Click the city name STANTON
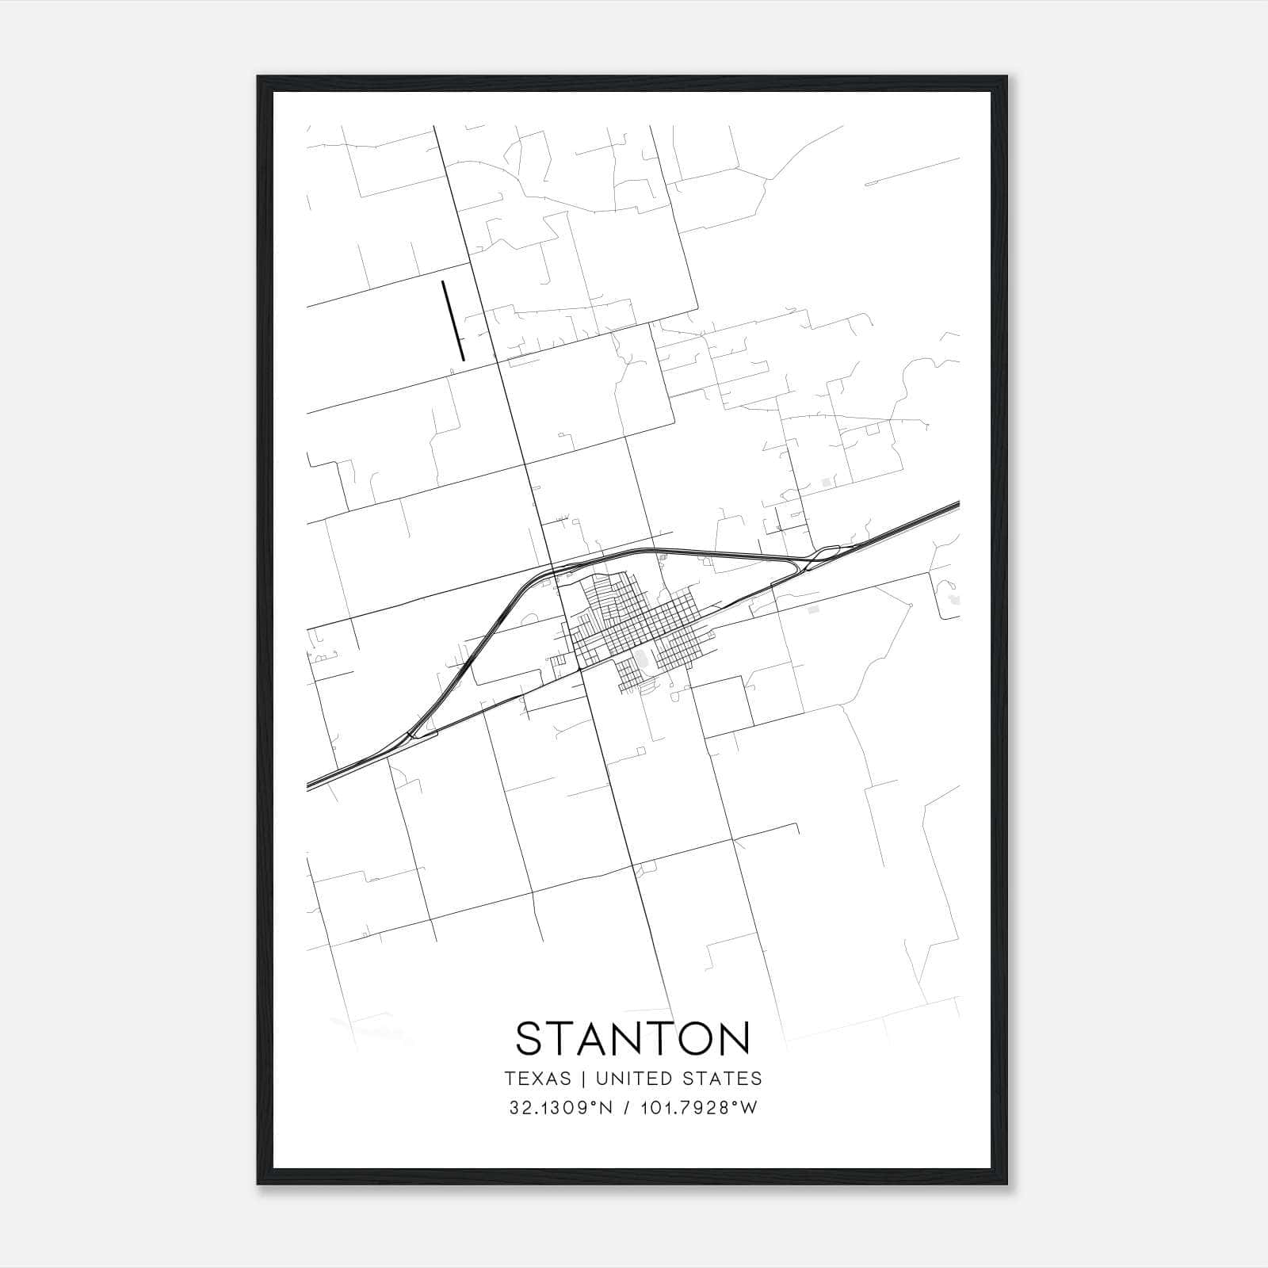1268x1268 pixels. (x=632, y=1039)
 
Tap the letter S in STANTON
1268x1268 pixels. (x=530, y=1039)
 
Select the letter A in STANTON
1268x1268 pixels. (x=595, y=1039)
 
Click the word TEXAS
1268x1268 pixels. (x=537, y=1079)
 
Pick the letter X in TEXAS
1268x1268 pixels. (x=539, y=1079)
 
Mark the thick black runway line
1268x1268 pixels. (x=453, y=320)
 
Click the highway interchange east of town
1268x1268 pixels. (x=820, y=555)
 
